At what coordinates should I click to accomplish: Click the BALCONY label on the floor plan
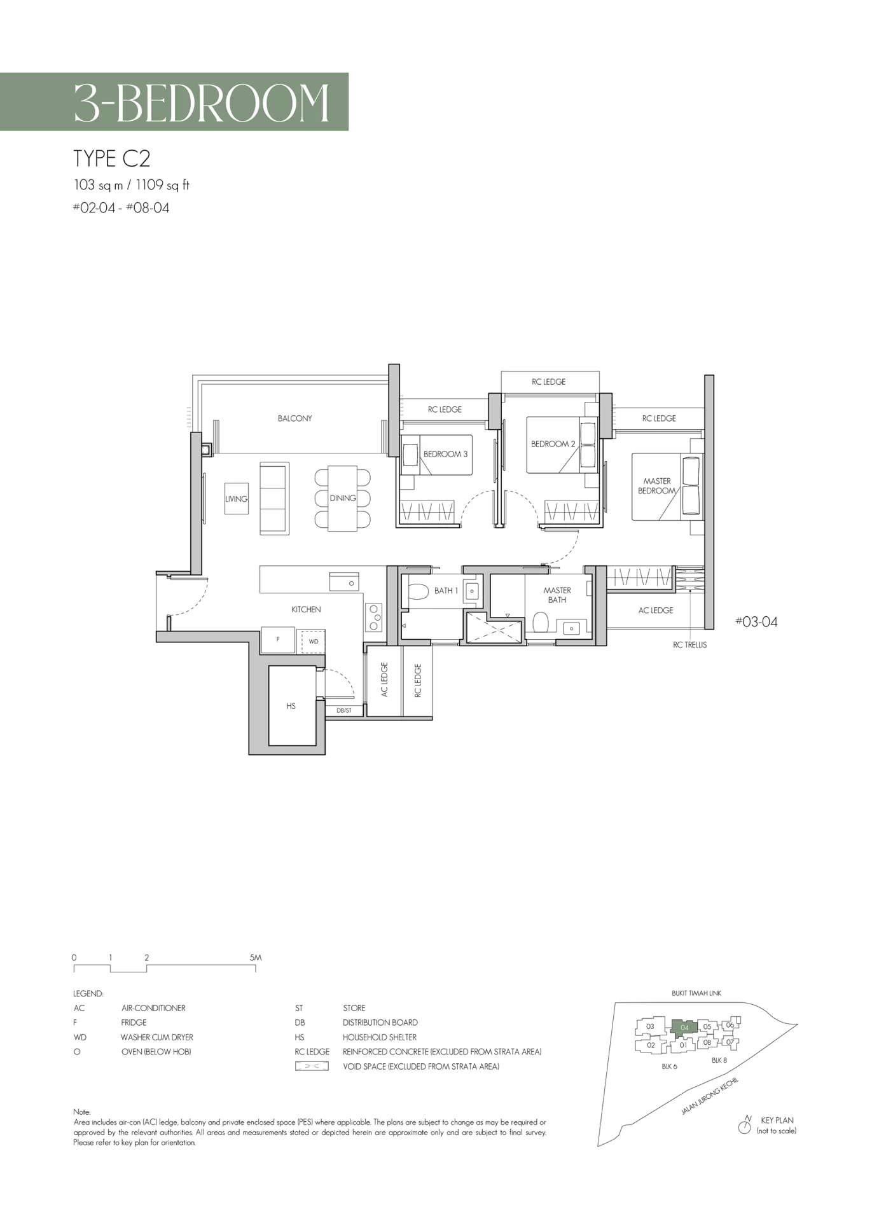294,418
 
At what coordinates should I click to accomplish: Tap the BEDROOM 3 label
445,454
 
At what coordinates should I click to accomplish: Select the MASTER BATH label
557,595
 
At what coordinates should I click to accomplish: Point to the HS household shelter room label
291,706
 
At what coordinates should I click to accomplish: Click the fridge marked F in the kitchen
278,640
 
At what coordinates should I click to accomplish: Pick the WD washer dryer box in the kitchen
313,642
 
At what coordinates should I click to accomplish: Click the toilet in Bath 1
417,591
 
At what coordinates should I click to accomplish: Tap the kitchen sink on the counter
343,582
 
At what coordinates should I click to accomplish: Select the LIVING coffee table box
236,499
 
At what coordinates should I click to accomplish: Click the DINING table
343,498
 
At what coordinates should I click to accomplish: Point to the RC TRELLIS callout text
690,645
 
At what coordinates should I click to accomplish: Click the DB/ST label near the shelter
344,710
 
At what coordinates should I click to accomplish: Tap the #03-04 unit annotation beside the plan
756,622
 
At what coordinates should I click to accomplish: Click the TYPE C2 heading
112,158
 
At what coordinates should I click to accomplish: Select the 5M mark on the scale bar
255,957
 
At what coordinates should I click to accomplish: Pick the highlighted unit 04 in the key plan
684,1027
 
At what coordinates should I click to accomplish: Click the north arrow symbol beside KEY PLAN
745,1128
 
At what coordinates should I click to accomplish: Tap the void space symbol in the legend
312,1066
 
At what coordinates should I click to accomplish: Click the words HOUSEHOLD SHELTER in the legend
380,1037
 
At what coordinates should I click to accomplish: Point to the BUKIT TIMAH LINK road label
696,993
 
